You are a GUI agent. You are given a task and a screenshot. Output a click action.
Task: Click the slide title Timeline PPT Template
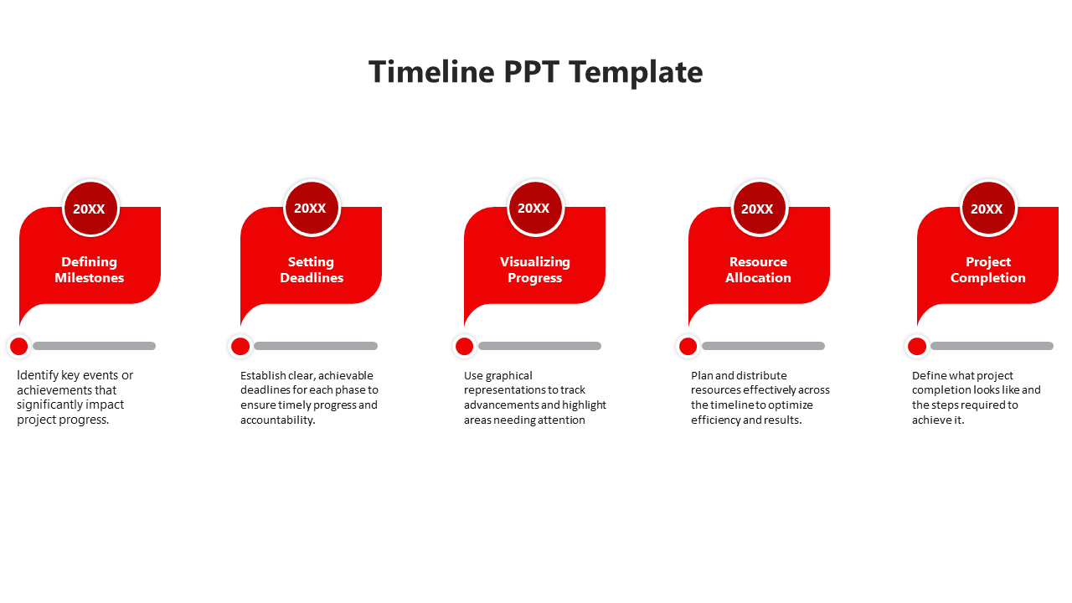click(x=536, y=72)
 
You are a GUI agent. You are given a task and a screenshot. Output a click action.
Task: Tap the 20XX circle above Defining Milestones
click(x=90, y=209)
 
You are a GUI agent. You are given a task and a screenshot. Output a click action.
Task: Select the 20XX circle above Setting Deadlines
click(x=312, y=208)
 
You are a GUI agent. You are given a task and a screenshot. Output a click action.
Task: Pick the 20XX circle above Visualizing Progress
click(x=535, y=208)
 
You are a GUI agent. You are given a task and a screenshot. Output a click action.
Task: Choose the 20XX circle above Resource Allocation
click(x=759, y=209)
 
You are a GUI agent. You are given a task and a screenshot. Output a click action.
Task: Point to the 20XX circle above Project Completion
click(x=987, y=209)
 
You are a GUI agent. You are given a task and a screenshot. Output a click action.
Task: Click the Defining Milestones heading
click(x=90, y=270)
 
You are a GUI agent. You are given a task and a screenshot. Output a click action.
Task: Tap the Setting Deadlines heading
click(x=312, y=270)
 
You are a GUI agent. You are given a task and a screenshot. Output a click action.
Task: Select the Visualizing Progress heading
click(x=535, y=270)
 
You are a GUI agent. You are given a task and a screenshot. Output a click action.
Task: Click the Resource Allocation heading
click(x=759, y=270)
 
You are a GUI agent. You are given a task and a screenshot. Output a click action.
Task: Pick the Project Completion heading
click(x=988, y=270)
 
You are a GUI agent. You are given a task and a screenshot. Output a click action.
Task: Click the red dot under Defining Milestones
click(x=19, y=346)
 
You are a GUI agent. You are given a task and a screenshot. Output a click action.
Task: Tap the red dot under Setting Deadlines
click(x=240, y=346)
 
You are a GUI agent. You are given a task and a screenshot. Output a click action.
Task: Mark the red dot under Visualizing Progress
click(x=464, y=346)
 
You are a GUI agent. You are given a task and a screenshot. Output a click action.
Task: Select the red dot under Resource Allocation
click(x=688, y=346)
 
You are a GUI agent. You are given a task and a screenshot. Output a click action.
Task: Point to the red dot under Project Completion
click(x=917, y=346)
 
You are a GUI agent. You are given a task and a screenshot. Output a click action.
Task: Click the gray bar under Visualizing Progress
click(x=539, y=346)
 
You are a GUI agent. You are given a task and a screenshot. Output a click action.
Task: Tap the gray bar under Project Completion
click(x=992, y=346)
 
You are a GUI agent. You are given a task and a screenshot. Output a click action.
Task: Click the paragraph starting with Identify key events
click(x=75, y=398)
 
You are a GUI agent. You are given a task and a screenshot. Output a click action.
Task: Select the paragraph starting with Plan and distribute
click(x=760, y=398)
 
